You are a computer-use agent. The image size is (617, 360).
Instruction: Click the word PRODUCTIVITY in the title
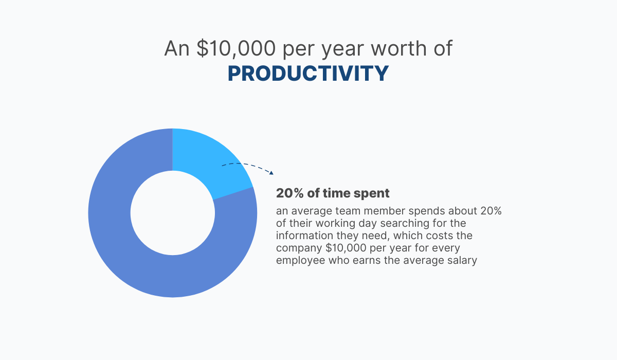pos(308,74)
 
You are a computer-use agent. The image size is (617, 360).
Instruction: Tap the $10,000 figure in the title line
pos(236,49)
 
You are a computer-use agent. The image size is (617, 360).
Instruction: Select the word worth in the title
pos(398,48)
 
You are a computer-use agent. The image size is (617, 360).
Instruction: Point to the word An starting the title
pos(177,48)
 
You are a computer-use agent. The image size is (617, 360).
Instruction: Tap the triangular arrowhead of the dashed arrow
pos(271,173)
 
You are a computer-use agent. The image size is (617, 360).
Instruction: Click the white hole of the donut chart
pos(172,213)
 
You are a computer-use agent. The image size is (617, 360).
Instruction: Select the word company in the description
pos(299,248)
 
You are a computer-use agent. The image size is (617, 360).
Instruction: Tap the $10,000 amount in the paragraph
pos(346,248)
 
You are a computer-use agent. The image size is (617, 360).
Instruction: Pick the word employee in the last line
pos(301,261)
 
